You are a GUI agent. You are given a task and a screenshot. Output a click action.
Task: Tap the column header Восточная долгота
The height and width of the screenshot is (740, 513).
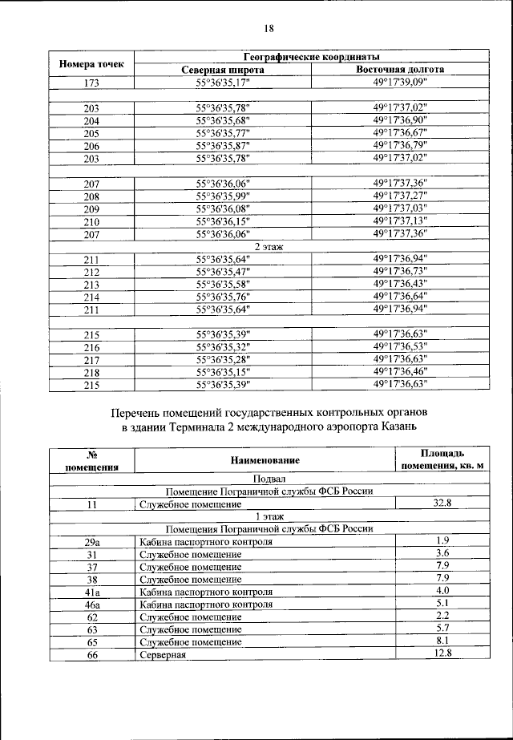pos(400,71)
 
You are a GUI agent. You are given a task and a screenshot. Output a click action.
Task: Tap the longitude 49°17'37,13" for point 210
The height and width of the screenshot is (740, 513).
pos(400,221)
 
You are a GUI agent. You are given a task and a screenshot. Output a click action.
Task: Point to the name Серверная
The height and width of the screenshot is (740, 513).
pos(163,655)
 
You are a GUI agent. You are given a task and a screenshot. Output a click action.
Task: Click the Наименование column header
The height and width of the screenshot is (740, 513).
pos(265,460)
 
